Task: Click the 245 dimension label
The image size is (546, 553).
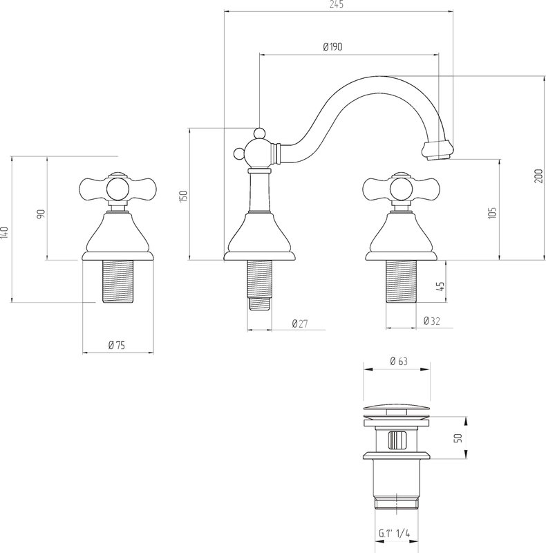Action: pyautogui.click(x=337, y=4)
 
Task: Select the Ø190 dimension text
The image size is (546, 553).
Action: pyautogui.click(x=332, y=47)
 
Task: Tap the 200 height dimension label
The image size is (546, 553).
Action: pyautogui.click(x=538, y=176)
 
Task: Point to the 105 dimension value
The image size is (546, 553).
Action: pyautogui.click(x=492, y=213)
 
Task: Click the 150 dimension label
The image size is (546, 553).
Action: pyautogui.click(x=183, y=196)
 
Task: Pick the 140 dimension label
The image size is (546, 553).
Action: pyautogui.click(x=4, y=233)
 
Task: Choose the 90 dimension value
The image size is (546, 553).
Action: pyautogui.click(x=41, y=214)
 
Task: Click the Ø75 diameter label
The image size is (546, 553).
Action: pyautogui.click(x=117, y=345)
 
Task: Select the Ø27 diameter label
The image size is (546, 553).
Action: pyautogui.click(x=300, y=324)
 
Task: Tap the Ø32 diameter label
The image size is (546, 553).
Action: pyautogui.click(x=432, y=321)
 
